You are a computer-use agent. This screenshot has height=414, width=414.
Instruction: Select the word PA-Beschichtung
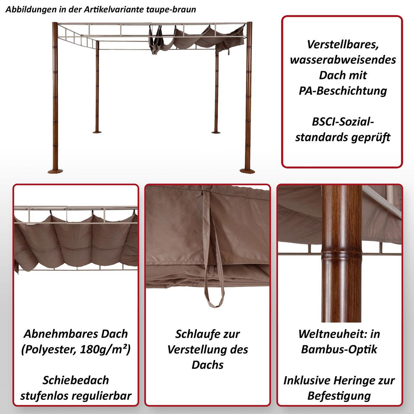coord(343,91)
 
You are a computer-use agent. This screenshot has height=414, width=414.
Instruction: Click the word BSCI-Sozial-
coord(343,122)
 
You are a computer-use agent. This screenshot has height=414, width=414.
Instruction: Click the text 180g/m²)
coord(105,349)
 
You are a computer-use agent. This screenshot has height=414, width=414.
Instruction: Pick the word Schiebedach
coord(76,380)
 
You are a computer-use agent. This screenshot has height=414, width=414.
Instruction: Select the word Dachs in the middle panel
coord(207,365)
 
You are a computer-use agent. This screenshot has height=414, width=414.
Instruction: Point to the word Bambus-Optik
coord(339,349)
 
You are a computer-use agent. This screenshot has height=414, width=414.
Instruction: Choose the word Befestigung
coord(339,396)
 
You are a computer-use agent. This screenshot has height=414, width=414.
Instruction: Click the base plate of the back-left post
coord(97,131)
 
